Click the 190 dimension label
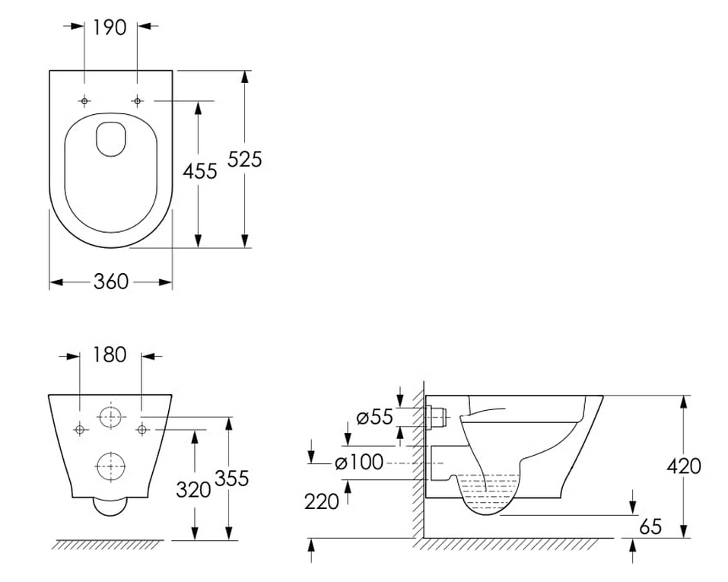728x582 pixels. (110, 27)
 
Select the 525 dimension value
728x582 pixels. (245, 159)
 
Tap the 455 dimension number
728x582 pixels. (199, 171)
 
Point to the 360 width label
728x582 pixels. (111, 281)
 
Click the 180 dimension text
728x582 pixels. (110, 355)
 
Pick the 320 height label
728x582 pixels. (193, 490)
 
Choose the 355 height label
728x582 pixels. (232, 479)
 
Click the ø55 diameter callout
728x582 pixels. (375, 417)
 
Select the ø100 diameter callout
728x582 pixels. (359, 462)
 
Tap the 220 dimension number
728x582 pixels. (321, 501)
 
